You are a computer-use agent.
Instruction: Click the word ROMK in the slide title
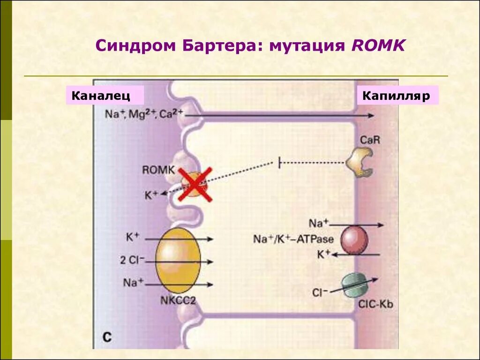[x=377, y=45]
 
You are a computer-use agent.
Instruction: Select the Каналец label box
[x=104, y=96]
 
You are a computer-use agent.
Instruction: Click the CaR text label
[x=369, y=140]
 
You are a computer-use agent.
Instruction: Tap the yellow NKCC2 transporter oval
[x=178, y=261]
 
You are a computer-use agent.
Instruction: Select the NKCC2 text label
[x=179, y=300]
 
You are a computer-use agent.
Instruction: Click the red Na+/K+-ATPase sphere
[x=354, y=240]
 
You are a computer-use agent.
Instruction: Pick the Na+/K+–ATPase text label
[x=293, y=239]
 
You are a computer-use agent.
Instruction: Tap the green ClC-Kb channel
[x=354, y=285]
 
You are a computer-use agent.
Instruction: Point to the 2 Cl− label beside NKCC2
[x=132, y=260]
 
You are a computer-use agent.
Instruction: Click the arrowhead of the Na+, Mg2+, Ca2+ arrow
[x=371, y=115]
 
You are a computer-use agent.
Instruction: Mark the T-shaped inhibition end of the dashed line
[x=279, y=163]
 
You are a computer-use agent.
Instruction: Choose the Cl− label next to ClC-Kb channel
[x=319, y=292]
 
